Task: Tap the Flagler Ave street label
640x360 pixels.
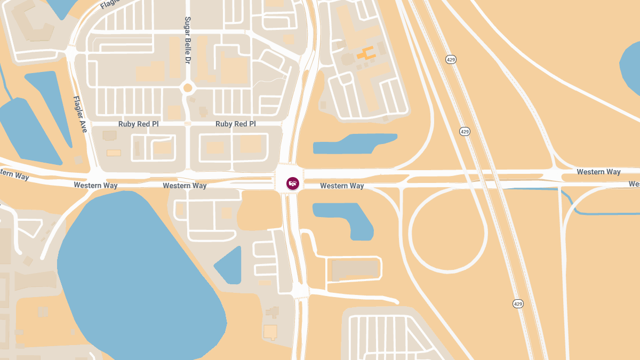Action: point(80,114)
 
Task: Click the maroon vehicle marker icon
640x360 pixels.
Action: point(293,183)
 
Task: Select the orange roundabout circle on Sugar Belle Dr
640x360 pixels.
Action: point(187,87)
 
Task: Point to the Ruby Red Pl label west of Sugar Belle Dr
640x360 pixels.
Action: point(139,124)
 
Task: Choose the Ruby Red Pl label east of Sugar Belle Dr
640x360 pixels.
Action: point(236,124)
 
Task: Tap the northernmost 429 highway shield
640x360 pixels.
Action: point(451,59)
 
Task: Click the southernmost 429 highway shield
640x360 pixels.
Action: point(518,303)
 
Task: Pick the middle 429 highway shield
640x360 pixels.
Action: point(465,131)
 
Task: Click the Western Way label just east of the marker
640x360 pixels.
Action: point(342,186)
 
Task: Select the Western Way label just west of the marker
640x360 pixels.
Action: point(185,186)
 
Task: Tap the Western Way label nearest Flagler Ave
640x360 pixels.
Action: point(95,185)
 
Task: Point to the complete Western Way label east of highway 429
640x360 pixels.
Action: point(598,172)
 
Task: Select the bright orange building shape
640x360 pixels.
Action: point(366,53)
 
